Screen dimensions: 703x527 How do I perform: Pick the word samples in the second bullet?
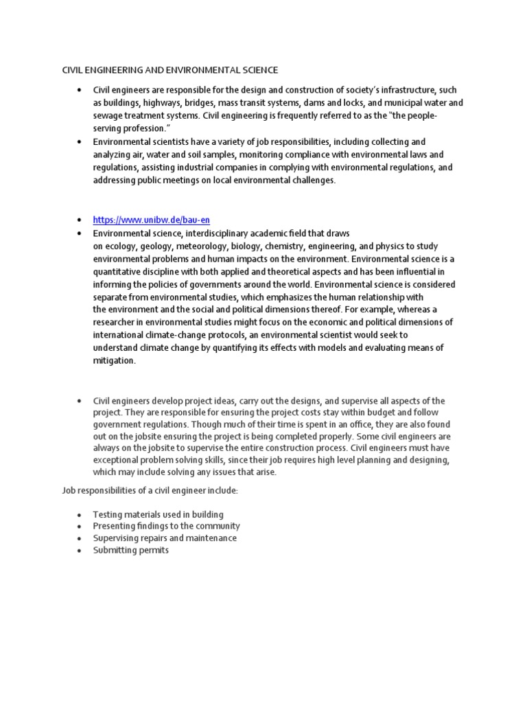pos(211,154)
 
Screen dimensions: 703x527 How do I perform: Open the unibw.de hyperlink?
pos(152,220)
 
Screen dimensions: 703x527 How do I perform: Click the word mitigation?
pos(115,361)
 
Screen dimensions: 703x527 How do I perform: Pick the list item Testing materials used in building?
pos(159,514)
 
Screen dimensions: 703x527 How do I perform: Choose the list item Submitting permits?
pos(130,551)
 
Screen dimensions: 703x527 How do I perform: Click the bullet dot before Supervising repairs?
pos(80,539)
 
